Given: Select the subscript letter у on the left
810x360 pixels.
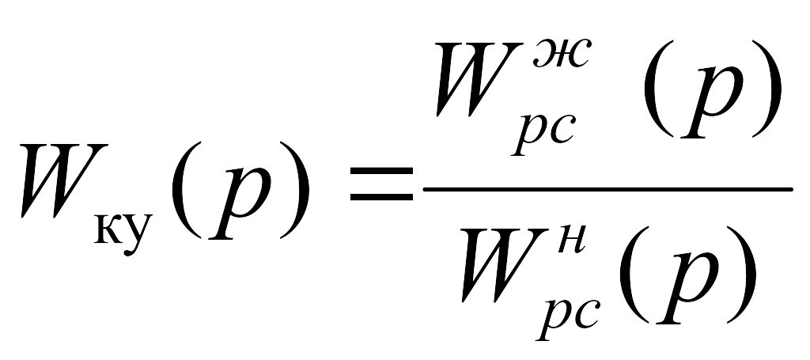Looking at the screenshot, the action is coord(138,234).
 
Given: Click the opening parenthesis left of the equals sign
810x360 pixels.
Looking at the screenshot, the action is coord(186,189).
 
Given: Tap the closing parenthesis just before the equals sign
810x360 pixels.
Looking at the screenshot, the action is coord(295,189).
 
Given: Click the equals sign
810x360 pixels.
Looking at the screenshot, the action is coord(382,184).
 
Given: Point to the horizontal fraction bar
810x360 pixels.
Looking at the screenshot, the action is coord(607,190).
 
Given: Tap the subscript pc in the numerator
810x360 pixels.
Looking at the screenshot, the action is coord(543,134).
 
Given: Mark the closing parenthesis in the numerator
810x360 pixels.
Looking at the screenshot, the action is coord(766,88).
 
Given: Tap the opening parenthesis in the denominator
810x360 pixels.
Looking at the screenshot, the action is coord(634,275).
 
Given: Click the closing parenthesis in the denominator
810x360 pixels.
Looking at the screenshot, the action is coord(742,275).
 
